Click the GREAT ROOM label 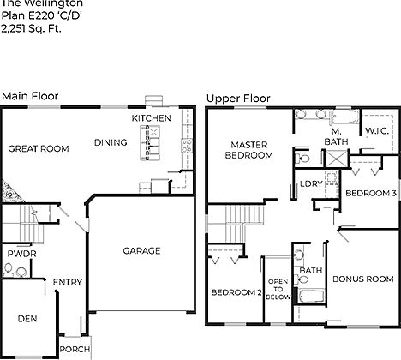point(38,149)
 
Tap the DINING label point(111,143)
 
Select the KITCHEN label point(151,118)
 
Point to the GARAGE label point(141,251)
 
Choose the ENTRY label point(67,283)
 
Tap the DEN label point(27,318)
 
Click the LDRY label point(309,184)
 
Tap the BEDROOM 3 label point(370,194)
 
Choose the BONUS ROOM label point(362,279)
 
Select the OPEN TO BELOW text point(278,290)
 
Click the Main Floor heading point(30,97)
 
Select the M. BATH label point(334,135)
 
